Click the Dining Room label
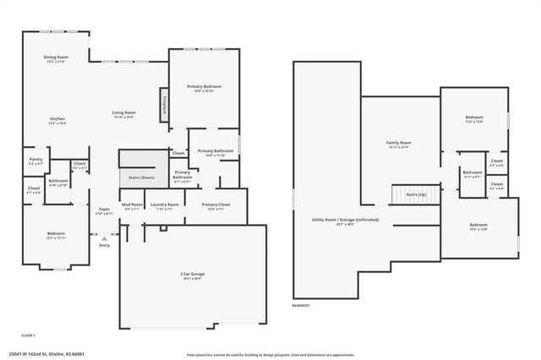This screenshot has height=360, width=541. [57, 57]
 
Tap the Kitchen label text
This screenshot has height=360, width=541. [57, 118]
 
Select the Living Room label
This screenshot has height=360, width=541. [125, 112]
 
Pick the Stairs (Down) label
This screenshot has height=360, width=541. [141, 178]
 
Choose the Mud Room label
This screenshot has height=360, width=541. [131, 205]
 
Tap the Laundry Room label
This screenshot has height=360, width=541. [164, 205]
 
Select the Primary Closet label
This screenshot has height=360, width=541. [216, 205]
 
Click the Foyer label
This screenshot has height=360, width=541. [104, 210]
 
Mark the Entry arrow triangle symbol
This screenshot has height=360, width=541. [93, 237]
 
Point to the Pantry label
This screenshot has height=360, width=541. [36, 159]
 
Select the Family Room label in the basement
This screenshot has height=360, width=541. [398, 143]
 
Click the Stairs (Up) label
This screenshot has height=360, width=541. [414, 194]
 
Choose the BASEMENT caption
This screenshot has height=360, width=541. [301, 304]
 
